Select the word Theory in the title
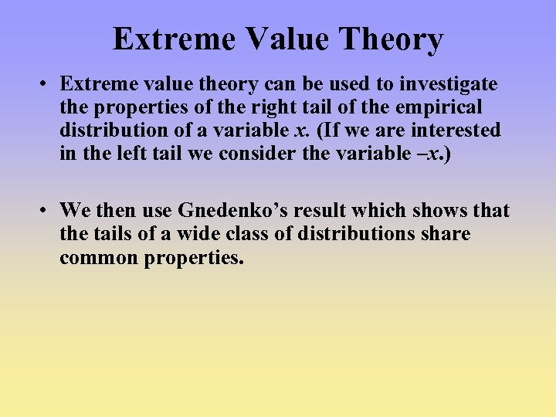(395, 39)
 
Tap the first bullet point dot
(47, 84)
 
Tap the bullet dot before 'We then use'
(47, 211)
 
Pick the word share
(446, 234)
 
